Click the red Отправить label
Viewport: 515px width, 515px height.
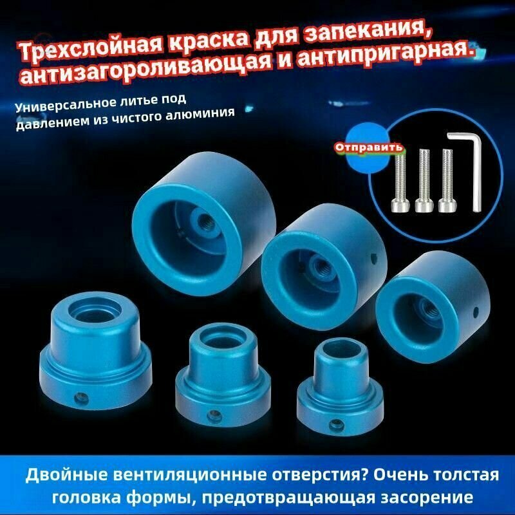[x=369, y=147]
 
